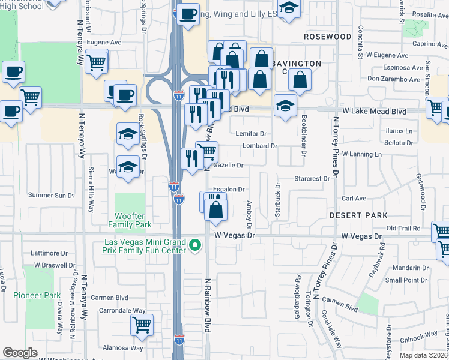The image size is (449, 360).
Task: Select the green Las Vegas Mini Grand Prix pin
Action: click(194, 245)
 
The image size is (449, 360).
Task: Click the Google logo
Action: click(20, 353)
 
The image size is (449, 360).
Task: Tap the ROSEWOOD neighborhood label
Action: click(327, 37)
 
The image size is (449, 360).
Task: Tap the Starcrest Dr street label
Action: click(312, 179)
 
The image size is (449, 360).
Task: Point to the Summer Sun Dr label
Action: click(51, 195)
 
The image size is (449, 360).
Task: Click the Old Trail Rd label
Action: click(403, 228)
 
